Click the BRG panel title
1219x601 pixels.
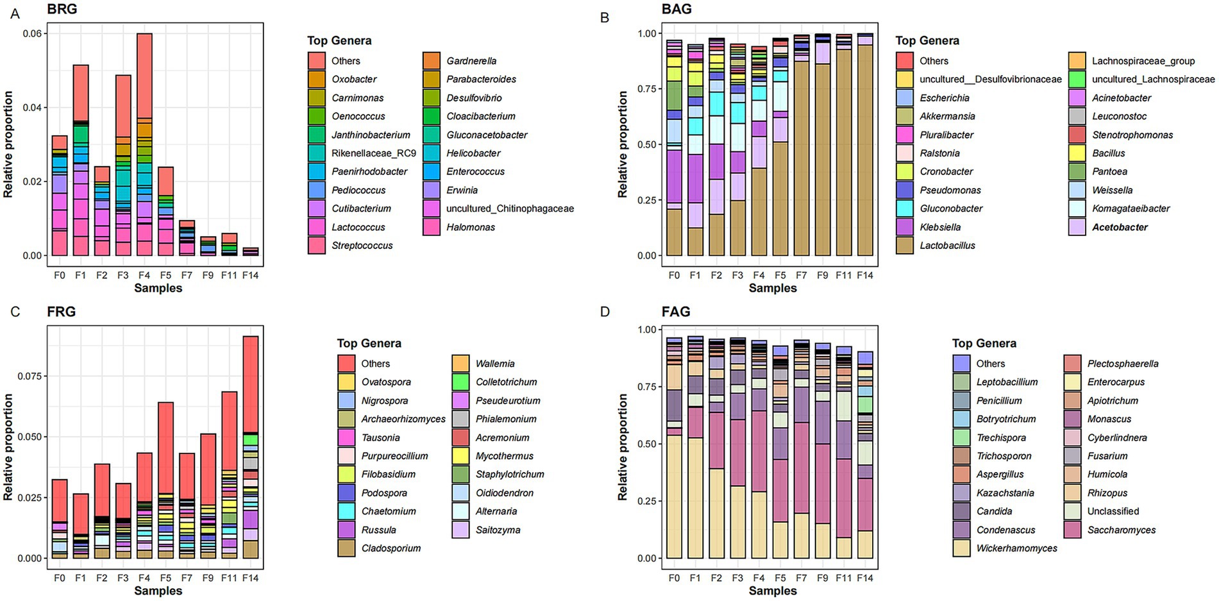click(x=62, y=9)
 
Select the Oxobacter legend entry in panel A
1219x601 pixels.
click(x=353, y=79)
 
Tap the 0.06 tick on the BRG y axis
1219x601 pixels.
click(x=32, y=33)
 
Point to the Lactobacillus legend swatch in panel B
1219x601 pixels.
click(x=905, y=245)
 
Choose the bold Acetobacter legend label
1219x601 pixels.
click(x=1120, y=227)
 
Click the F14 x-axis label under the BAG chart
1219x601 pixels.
click(x=864, y=275)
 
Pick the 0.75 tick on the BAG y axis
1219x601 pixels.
click(x=646, y=89)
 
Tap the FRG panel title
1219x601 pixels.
click(x=62, y=312)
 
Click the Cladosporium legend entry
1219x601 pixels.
click(x=391, y=548)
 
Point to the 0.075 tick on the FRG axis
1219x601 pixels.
click(x=29, y=376)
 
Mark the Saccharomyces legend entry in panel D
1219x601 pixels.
click(x=1121, y=530)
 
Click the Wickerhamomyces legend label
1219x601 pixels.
click(x=1016, y=548)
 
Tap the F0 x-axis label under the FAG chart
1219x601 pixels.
click(x=674, y=578)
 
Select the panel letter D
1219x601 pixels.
click(x=605, y=312)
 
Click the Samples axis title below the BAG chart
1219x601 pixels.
click(x=772, y=288)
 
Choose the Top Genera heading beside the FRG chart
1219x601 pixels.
click(x=369, y=343)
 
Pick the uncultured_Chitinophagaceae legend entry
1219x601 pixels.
click(x=509, y=208)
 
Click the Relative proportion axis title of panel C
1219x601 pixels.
click(x=8, y=447)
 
